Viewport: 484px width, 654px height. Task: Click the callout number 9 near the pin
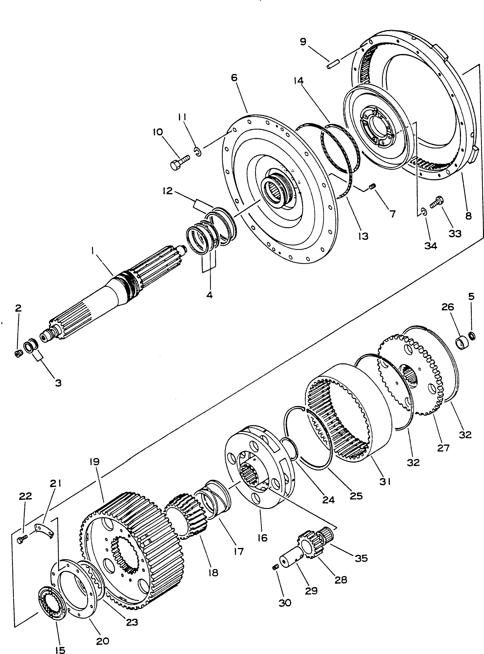tap(303, 41)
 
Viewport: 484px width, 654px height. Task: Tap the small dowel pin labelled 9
tap(333, 64)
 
